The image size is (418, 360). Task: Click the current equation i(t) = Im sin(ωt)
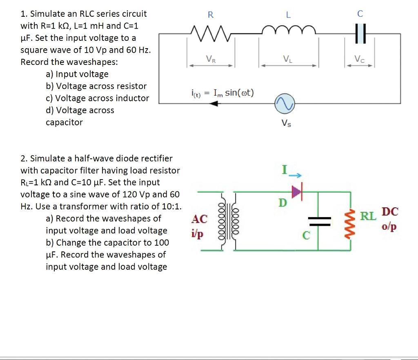(x=222, y=93)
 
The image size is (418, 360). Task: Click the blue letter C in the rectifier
(x=306, y=236)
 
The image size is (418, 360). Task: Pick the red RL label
(x=368, y=216)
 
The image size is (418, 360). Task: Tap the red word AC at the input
(x=200, y=219)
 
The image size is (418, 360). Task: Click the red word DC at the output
(x=390, y=212)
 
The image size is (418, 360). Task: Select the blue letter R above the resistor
(x=210, y=15)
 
